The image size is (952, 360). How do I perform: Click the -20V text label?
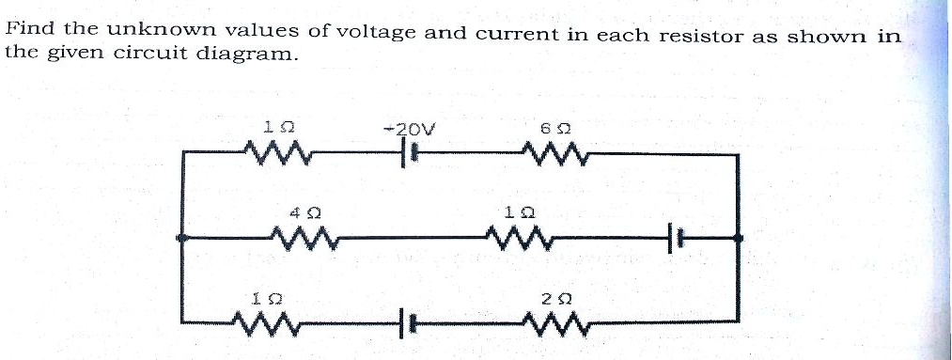point(407,129)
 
